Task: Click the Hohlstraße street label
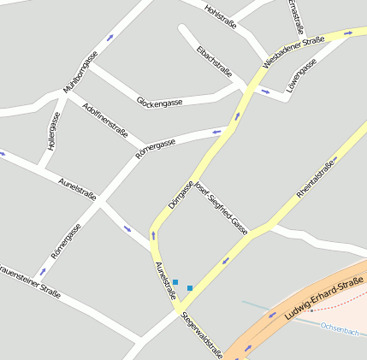(220, 15)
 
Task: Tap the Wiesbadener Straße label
(293, 51)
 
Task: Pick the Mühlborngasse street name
(80, 72)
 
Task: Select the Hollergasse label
(53, 129)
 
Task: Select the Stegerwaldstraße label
(202, 336)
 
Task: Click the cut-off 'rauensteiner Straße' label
(29, 281)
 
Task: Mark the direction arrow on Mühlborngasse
(110, 38)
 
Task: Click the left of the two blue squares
(175, 281)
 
